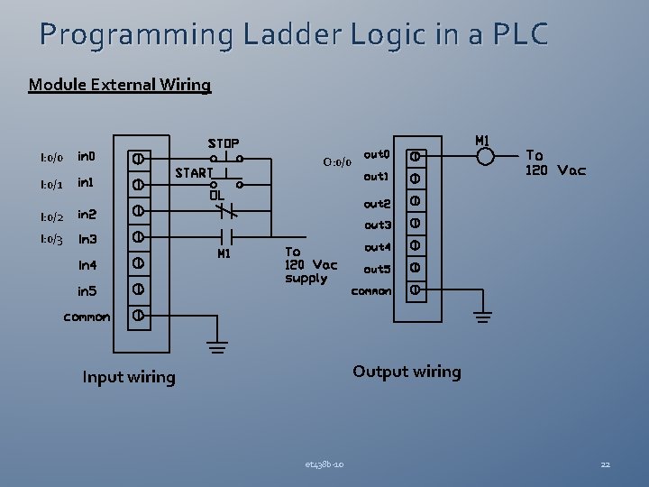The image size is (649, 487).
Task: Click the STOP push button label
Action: pyautogui.click(x=224, y=143)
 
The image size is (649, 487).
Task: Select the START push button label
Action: pyautogui.click(x=194, y=171)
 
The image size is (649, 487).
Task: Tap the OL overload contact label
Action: pyautogui.click(x=216, y=194)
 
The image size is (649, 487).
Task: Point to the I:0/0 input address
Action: pyautogui.click(x=51, y=158)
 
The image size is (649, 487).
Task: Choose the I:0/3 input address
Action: pyautogui.click(x=51, y=239)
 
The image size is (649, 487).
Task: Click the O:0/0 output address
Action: pyautogui.click(x=336, y=162)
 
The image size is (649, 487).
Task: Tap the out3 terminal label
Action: pyautogui.click(x=377, y=225)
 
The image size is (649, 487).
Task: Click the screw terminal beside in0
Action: pyautogui.click(x=138, y=157)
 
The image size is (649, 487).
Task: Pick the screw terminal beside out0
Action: pyautogui.click(x=416, y=155)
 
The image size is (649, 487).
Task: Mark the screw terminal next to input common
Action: pyautogui.click(x=138, y=316)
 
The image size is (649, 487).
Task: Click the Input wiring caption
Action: pyautogui.click(x=128, y=377)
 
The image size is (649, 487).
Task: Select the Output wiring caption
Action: pyautogui.click(x=407, y=372)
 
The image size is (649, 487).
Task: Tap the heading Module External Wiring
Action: pyautogui.click(x=120, y=86)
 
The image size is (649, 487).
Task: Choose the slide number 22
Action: pyautogui.click(x=606, y=464)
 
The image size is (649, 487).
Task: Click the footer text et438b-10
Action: pyautogui.click(x=324, y=464)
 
